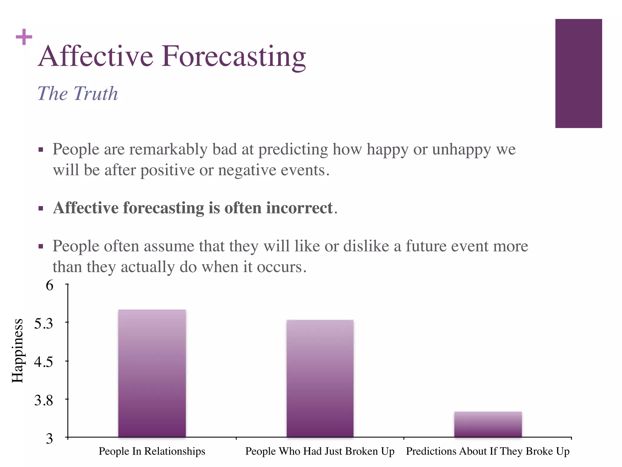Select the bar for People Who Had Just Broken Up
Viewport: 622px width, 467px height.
click(x=320, y=379)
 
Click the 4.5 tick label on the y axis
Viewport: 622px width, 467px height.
click(x=43, y=362)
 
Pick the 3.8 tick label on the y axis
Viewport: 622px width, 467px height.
click(x=43, y=400)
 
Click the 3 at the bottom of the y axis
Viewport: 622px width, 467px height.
click(x=49, y=439)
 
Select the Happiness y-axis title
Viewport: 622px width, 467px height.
click(x=18, y=351)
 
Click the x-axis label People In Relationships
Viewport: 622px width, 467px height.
click(x=152, y=451)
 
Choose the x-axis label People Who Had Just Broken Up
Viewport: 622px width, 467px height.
click(x=320, y=451)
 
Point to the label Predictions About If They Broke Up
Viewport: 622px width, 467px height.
click(x=488, y=451)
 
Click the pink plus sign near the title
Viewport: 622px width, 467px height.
click(x=24, y=37)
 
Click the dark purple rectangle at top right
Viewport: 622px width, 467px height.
click(x=579, y=73)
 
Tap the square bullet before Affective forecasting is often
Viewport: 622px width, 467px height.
click(x=41, y=209)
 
